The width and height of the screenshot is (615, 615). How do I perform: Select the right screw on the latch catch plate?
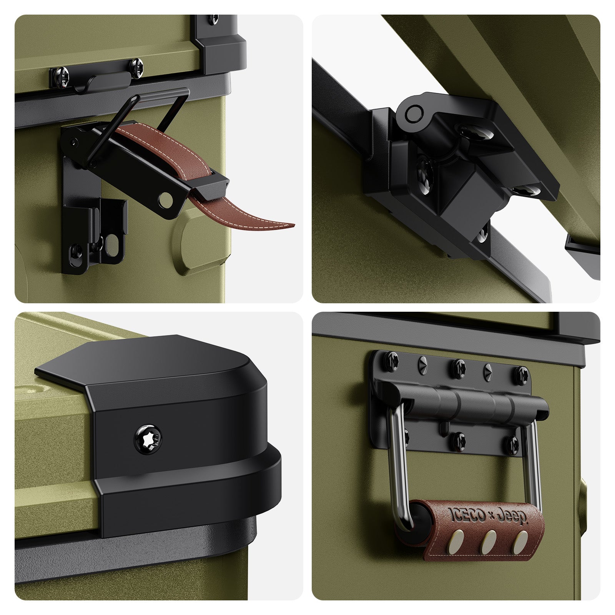pyautogui.click(x=136, y=64)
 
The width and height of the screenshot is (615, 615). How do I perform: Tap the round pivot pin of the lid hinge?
pyautogui.click(x=413, y=113)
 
